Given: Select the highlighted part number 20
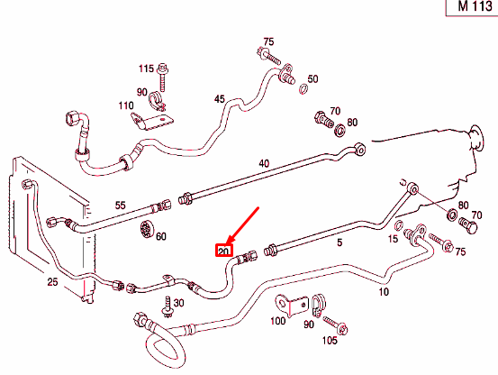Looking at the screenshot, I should coord(223,251).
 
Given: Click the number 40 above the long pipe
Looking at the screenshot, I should coord(264,163).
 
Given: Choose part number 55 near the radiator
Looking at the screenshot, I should coord(120,206).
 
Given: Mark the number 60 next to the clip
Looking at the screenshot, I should coord(161,237).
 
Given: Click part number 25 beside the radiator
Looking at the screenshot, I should coord(52,283).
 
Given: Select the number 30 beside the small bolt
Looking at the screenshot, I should coord(178,303).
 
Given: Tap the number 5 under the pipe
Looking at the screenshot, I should coord(339,243).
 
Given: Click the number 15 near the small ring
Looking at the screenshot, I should coord(393,238).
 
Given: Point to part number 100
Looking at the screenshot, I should coord(278,320).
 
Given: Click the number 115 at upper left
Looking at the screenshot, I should coord(146,69).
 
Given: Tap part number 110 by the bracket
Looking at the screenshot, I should coord(127,105).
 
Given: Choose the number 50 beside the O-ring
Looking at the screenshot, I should coord(312,79).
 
